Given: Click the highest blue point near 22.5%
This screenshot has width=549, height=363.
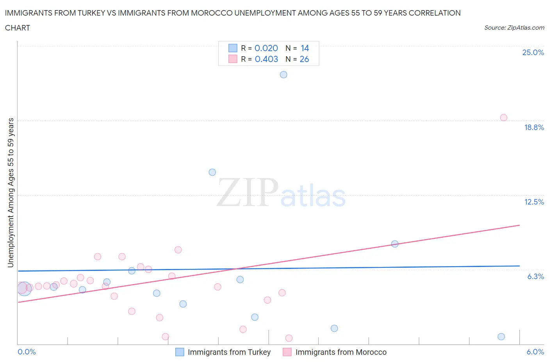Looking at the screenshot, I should pos(283,75).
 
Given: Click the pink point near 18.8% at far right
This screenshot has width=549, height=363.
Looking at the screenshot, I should pos(504,117).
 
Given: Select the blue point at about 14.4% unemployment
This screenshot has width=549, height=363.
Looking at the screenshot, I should pos(212,172).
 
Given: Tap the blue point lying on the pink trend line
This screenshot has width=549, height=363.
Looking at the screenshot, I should pos(395,244).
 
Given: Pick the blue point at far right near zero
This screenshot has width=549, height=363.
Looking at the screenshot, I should pos(501,336).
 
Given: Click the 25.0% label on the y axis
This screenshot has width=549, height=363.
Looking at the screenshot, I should pos(533,52).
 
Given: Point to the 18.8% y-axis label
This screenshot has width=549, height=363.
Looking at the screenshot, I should pos(534,127).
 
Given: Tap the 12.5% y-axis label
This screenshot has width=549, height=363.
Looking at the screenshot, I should pos(534,202).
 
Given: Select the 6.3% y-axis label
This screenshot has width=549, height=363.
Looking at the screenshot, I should pos(535,276).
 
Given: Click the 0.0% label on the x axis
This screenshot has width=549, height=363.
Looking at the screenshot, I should pos(27,352).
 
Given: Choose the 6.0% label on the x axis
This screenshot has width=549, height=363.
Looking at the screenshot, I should pos(535,352).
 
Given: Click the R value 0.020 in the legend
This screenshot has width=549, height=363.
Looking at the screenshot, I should pos(266,48).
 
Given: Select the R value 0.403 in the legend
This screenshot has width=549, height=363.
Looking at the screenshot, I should pos(266,59).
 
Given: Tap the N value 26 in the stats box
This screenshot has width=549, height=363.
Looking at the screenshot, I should pos(304,59).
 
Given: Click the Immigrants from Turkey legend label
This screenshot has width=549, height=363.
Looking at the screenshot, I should pos(229,352).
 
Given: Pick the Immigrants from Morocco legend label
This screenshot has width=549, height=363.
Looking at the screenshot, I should pos(340,352).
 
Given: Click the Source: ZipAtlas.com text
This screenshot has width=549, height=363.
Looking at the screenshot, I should pos(514,27).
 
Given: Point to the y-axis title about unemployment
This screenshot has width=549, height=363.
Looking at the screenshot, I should pos(11,192).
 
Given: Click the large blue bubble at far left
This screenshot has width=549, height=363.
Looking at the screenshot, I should pos(24,288).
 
